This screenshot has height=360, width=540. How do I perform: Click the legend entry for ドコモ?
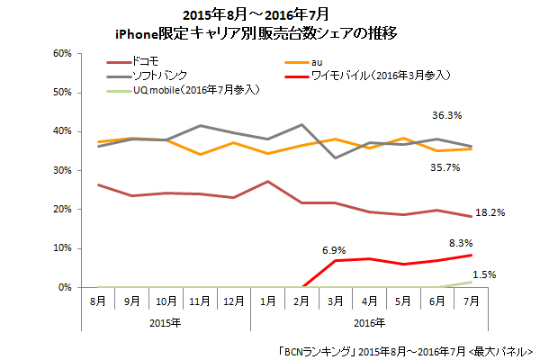click(146, 61)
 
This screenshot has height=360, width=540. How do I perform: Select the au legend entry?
click(305, 61)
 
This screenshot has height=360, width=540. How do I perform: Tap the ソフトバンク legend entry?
click(158, 76)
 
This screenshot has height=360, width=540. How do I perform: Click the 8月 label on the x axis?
click(96, 301)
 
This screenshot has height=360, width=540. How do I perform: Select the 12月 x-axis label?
click(233, 301)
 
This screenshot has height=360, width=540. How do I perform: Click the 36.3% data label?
click(447, 115)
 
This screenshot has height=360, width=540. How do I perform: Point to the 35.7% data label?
click(447, 166)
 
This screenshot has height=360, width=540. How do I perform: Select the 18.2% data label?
click(490, 212)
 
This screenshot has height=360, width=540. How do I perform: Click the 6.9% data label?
click(335, 247)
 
